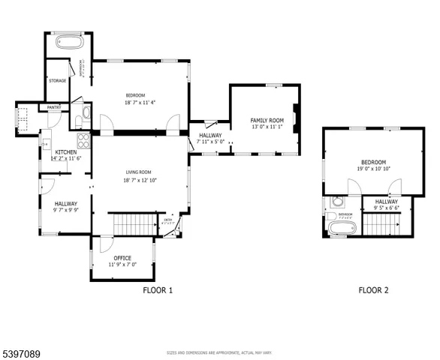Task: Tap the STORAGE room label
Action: coord(58,80)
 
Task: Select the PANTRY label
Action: coord(54,107)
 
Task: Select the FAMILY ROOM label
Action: coord(267,120)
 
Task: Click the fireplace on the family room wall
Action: coord(298,118)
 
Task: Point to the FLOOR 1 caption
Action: coord(158,289)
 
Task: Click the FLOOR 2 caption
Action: coord(373,289)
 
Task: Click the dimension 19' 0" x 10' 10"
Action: coord(373,170)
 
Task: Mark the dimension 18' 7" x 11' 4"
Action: coord(140,103)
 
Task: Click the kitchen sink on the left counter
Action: coord(46,139)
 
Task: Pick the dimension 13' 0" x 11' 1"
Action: coord(267,127)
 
